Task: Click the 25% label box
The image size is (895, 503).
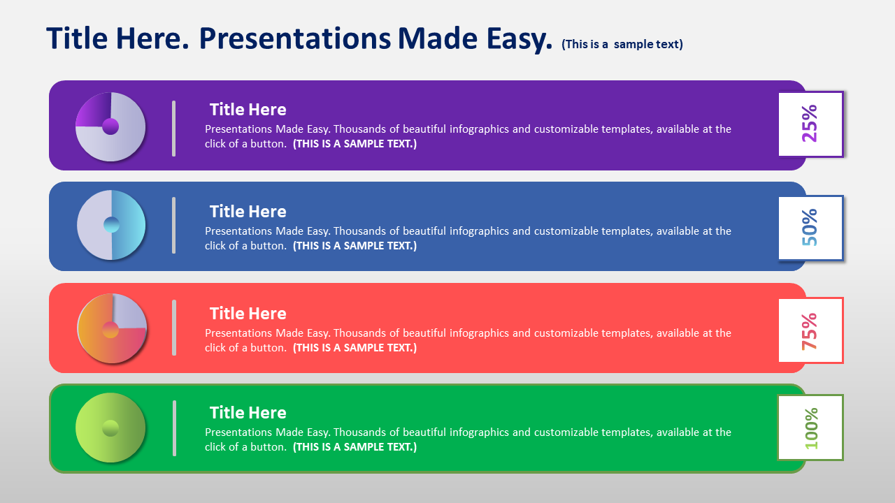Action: [x=810, y=124]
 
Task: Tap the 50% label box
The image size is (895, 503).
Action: [x=810, y=228]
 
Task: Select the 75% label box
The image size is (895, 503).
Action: [x=810, y=330]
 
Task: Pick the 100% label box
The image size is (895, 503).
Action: [x=810, y=428]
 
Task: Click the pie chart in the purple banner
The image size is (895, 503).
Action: [x=110, y=127]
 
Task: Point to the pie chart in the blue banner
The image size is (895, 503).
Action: [x=111, y=225]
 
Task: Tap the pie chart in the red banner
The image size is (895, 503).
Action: [x=112, y=328]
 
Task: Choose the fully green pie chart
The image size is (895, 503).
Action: [x=110, y=428]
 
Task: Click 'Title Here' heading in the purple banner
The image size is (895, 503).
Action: [x=248, y=110]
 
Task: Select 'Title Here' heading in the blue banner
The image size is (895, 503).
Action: [x=248, y=211]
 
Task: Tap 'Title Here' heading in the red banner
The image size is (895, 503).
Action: [x=248, y=314]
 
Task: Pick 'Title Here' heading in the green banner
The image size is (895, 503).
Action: [x=248, y=412]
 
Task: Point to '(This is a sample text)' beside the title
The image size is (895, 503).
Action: [x=622, y=44]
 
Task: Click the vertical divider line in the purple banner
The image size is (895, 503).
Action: [x=174, y=129]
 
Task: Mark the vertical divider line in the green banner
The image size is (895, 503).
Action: [x=174, y=428]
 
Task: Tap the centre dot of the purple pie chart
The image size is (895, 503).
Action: [x=110, y=126]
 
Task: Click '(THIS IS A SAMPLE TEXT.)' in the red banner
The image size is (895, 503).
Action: [x=355, y=348]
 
